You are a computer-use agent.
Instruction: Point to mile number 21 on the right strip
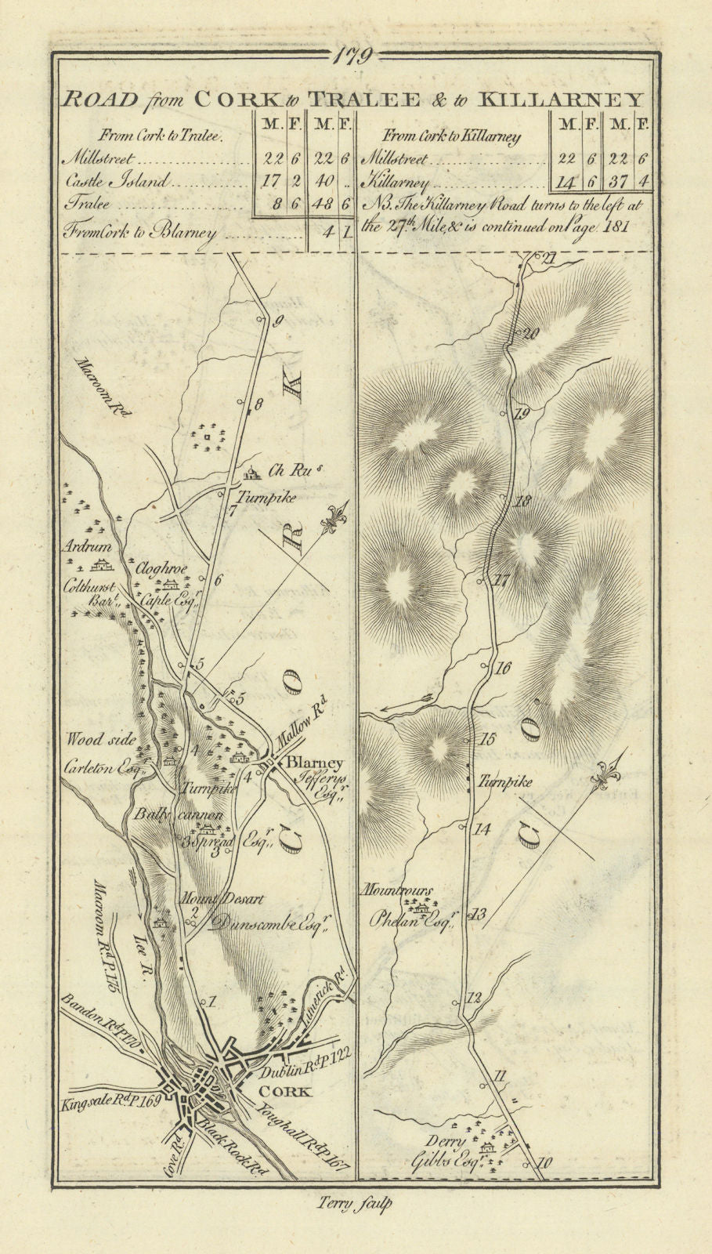tap(548, 259)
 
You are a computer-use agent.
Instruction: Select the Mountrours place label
tap(396, 890)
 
